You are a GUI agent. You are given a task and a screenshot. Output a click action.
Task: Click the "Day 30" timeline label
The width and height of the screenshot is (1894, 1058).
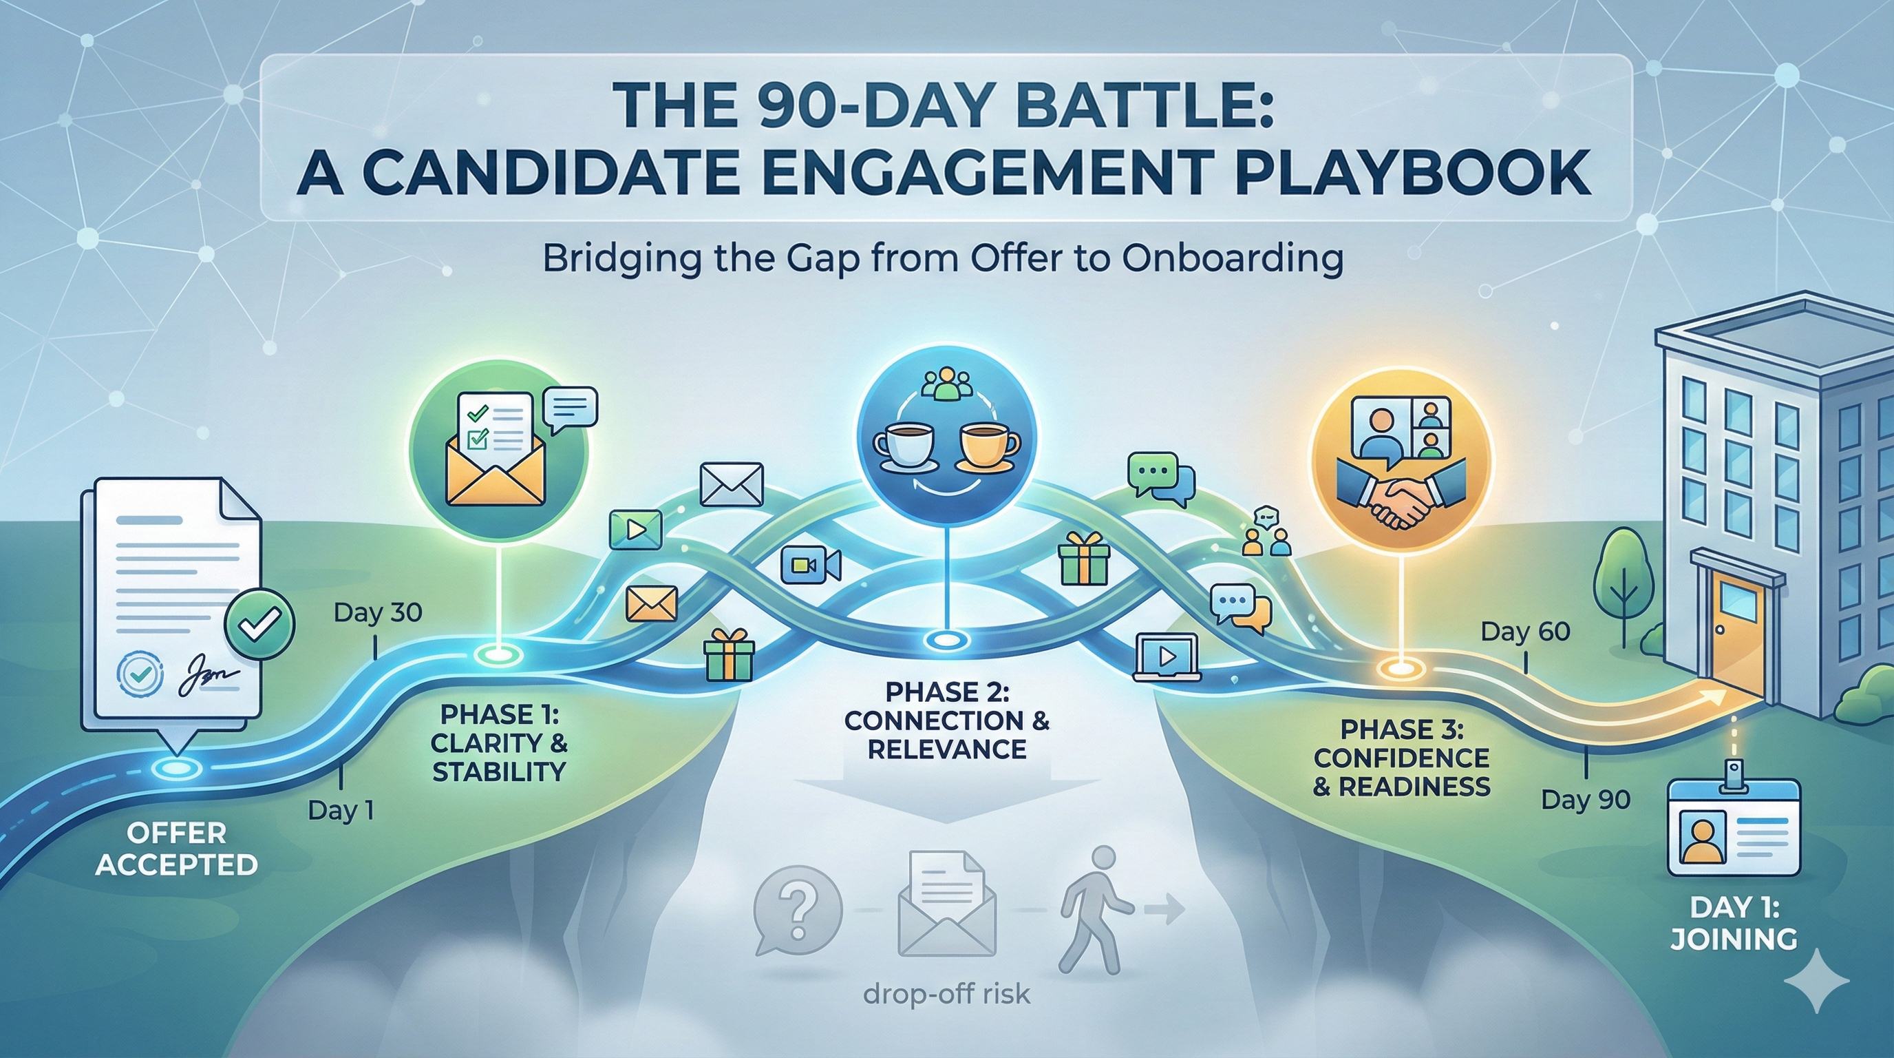click(x=378, y=612)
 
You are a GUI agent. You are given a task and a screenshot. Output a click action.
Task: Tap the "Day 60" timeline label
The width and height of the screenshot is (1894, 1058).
click(x=1525, y=631)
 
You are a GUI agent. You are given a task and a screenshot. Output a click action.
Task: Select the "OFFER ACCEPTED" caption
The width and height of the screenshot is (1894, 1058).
click(x=176, y=849)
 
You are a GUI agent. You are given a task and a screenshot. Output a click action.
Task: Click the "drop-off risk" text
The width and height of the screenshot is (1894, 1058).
click(x=946, y=995)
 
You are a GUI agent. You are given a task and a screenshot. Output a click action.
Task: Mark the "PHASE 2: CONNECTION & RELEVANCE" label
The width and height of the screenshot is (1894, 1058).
click(x=947, y=720)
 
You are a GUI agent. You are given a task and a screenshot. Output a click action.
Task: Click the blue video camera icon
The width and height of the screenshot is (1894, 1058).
click(x=810, y=564)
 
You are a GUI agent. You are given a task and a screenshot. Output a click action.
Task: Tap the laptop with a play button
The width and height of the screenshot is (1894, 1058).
click(x=1167, y=656)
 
